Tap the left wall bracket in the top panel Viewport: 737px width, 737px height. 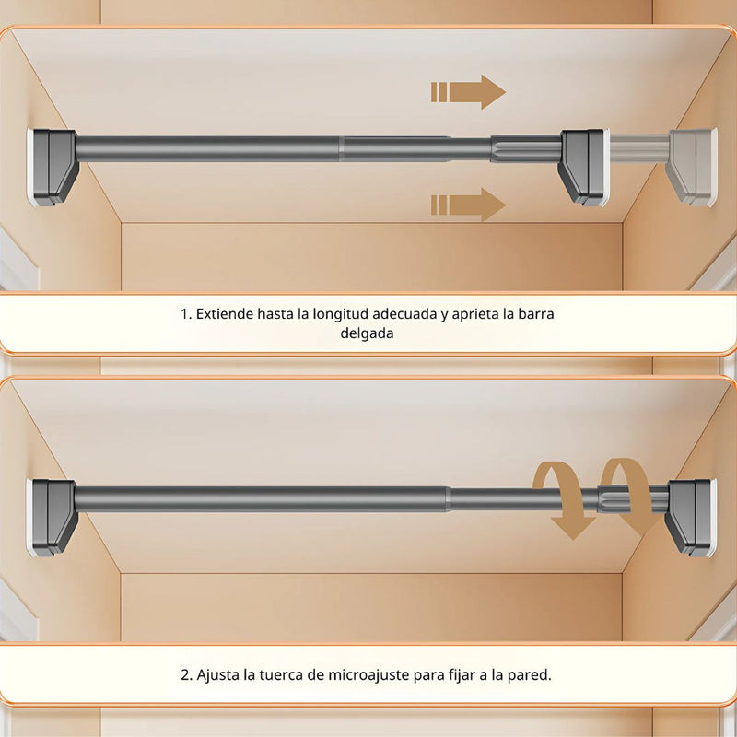pyautogui.click(x=53, y=167)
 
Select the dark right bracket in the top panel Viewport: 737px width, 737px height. pyautogui.click(x=582, y=166)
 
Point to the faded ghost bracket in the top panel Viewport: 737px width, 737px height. pyautogui.click(x=692, y=166)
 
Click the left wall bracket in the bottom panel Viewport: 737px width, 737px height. pyautogui.click(x=53, y=517)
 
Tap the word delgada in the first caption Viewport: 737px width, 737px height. pyautogui.click(x=368, y=333)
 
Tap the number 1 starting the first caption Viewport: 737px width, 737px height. pyautogui.click(x=184, y=313)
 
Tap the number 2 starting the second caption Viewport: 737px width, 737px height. pyautogui.click(x=185, y=674)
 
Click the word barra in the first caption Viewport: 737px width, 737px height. pyautogui.click(x=536, y=313)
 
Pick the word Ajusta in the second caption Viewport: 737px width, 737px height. pyautogui.click(x=217, y=674)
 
